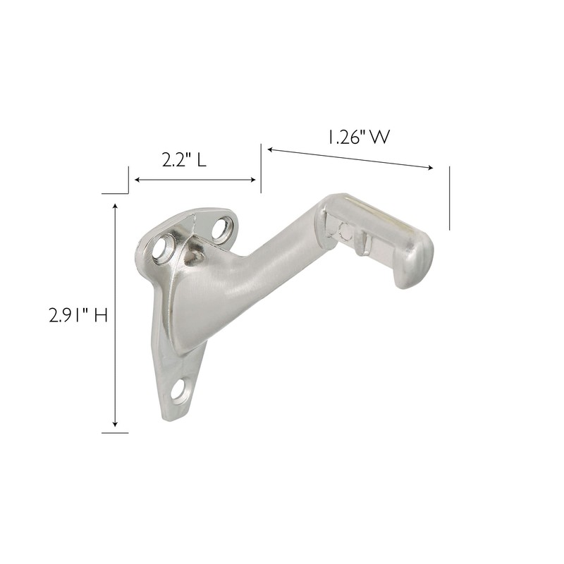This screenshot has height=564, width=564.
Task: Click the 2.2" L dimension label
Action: pyautogui.click(x=184, y=160)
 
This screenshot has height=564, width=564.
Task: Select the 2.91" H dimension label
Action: pyautogui.click(x=78, y=315)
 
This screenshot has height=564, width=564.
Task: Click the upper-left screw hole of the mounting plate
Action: pyautogui.click(x=165, y=247)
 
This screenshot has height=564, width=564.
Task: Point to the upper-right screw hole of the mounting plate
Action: pyautogui.click(x=221, y=228)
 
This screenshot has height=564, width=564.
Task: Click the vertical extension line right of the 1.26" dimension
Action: pyautogui.click(x=450, y=197)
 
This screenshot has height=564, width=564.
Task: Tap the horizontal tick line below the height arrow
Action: pyautogui.click(x=115, y=432)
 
